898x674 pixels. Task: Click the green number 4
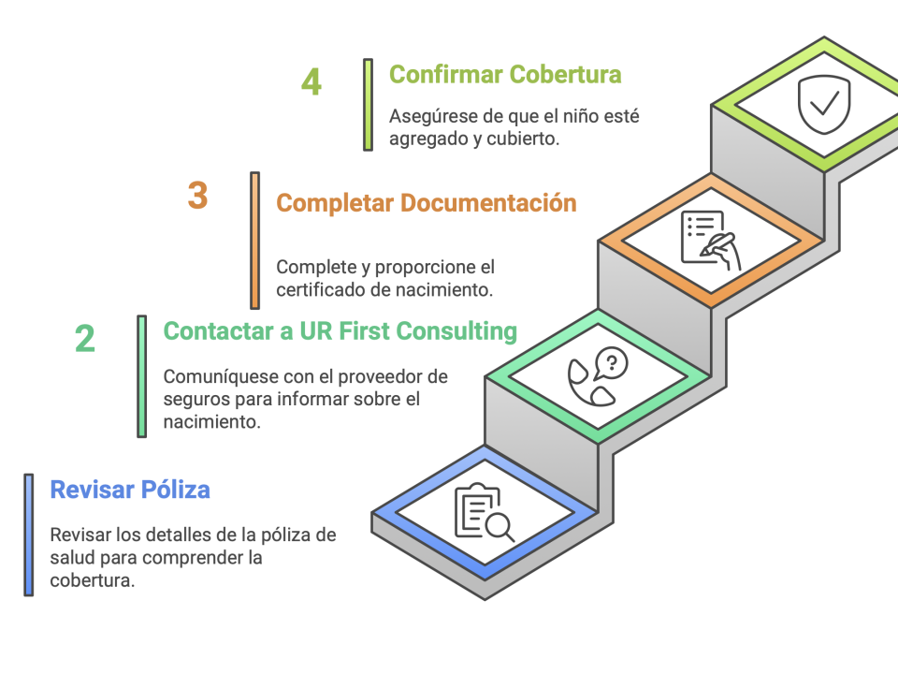pyautogui.click(x=311, y=82)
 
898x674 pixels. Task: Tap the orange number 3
pyautogui.click(x=197, y=197)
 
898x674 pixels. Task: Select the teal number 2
pyautogui.click(x=85, y=339)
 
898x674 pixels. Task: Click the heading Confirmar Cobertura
pyautogui.click(x=505, y=74)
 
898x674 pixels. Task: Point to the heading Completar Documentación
pyautogui.click(x=427, y=202)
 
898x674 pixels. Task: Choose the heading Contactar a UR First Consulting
pyautogui.click(x=340, y=331)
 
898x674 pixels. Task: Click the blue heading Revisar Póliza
pyautogui.click(x=130, y=489)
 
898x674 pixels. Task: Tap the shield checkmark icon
pyautogui.click(x=824, y=104)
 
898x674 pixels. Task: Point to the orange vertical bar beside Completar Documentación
pyautogui.click(x=255, y=240)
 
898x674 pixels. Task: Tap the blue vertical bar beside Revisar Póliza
pyautogui.click(x=29, y=535)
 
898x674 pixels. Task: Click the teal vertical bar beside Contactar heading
pyautogui.click(x=142, y=376)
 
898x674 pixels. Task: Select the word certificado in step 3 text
pyautogui.click(x=321, y=289)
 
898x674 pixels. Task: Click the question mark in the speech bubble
pyautogui.click(x=612, y=361)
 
